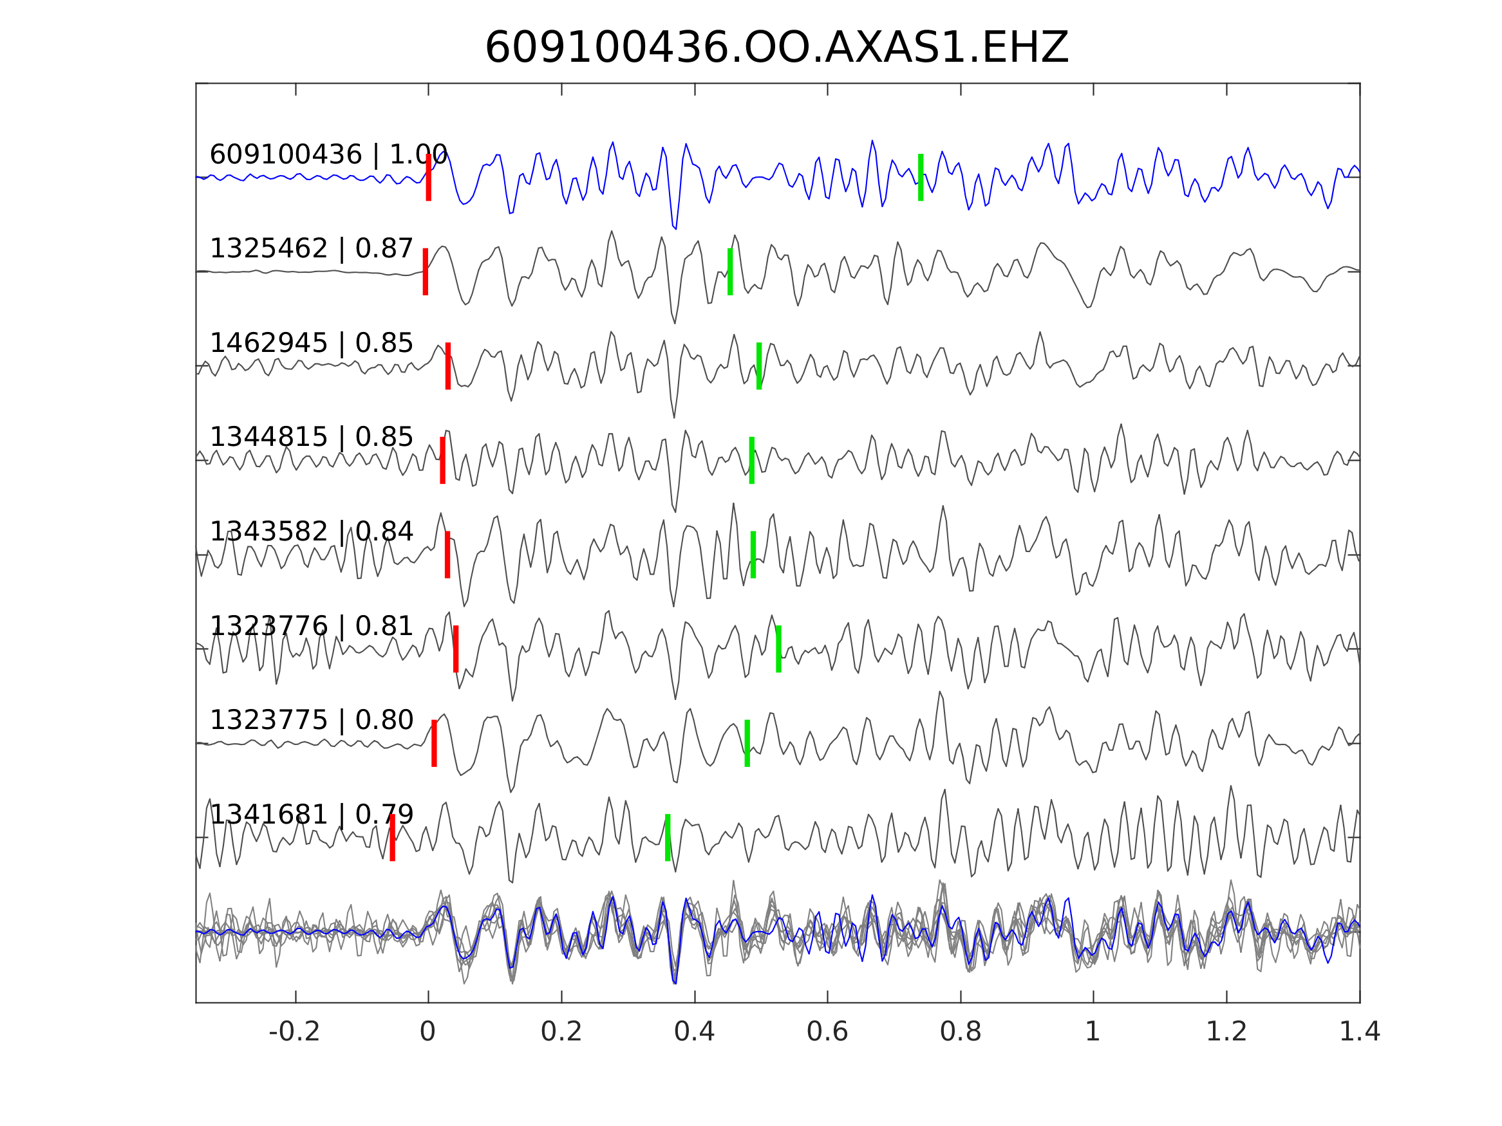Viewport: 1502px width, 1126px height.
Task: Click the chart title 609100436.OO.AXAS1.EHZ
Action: click(x=776, y=49)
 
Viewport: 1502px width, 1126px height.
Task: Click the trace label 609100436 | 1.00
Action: click(x=328, y=155)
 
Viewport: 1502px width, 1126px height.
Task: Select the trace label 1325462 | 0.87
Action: click(x=311, y=249)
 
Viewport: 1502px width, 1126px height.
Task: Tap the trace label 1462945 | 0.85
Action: click(x=311, y=344)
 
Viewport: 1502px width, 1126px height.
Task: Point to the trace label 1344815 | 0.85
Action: click(x=311, y=438)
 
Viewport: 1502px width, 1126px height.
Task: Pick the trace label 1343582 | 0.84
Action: click(x=311, y=532)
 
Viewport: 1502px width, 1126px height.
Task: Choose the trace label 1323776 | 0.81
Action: click(x=311, y=627)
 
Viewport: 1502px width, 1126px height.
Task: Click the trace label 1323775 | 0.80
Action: click(x=311, y=720)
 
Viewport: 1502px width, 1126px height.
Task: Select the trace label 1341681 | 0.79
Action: click(x=311, y=815)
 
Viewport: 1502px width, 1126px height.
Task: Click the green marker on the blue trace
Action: click(x=921, y=177)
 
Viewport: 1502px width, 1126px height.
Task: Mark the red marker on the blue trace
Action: click(x=429, y=177)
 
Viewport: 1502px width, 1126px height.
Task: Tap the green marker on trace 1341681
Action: click(x=668, y=838)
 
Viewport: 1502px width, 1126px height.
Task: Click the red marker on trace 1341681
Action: click(x=393, y=838)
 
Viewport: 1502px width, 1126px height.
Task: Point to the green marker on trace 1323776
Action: click(x=778, y=649)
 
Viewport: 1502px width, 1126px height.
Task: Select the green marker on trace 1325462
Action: click(x=730, y=272)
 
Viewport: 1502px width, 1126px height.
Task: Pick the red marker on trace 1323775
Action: click(x=434, y=743)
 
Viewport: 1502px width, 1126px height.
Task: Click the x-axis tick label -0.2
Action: click(x=294, y=1032)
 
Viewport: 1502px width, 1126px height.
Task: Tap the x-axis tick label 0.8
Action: click(x=960, y=1032)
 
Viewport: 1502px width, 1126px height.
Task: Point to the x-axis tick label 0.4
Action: click(x=694, y=1032)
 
